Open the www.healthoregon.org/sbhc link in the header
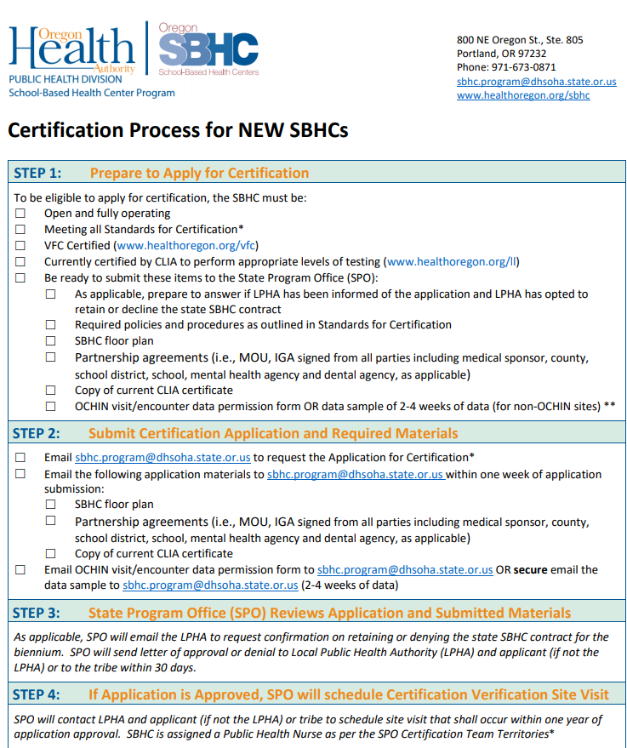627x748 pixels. (x=523, y=95)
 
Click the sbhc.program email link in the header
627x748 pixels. (x=536, y=82)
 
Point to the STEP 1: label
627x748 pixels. (x=37, y=173)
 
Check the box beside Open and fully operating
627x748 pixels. (x=20, y=214)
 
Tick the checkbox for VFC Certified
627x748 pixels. (x=20, y=246)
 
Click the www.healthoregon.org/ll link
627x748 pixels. (x=452, y=261)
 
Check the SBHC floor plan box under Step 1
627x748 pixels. (x=51, y=341)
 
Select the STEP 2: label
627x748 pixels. (x=37, y=433)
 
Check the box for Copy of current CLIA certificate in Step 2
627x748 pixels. (x=51, y=554)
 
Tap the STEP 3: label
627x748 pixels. (x=37, y=613)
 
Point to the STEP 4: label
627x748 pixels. (x=37, y=694)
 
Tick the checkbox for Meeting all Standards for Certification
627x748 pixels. (x=20, y=230)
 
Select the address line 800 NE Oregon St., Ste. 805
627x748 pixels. (x=520, y=40)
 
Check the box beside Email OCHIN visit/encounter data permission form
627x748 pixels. (x=20, y=570)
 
